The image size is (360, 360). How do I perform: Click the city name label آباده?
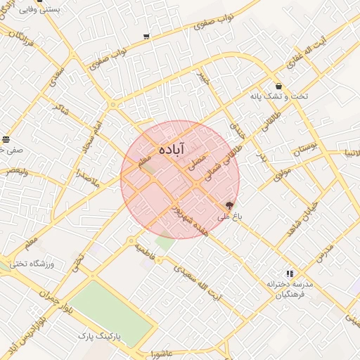pos(172,149)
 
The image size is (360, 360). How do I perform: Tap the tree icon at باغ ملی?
pos(229,206)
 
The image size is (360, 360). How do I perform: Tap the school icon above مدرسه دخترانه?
pos(289,274)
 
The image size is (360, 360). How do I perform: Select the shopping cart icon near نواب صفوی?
pos(146,36)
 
